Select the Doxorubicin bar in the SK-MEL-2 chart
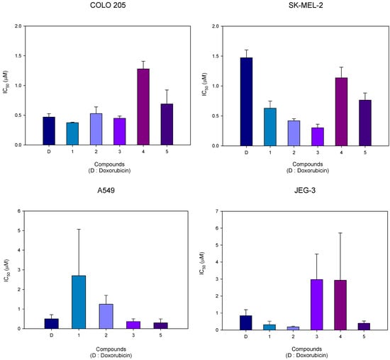245,101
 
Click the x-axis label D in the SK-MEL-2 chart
245,152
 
